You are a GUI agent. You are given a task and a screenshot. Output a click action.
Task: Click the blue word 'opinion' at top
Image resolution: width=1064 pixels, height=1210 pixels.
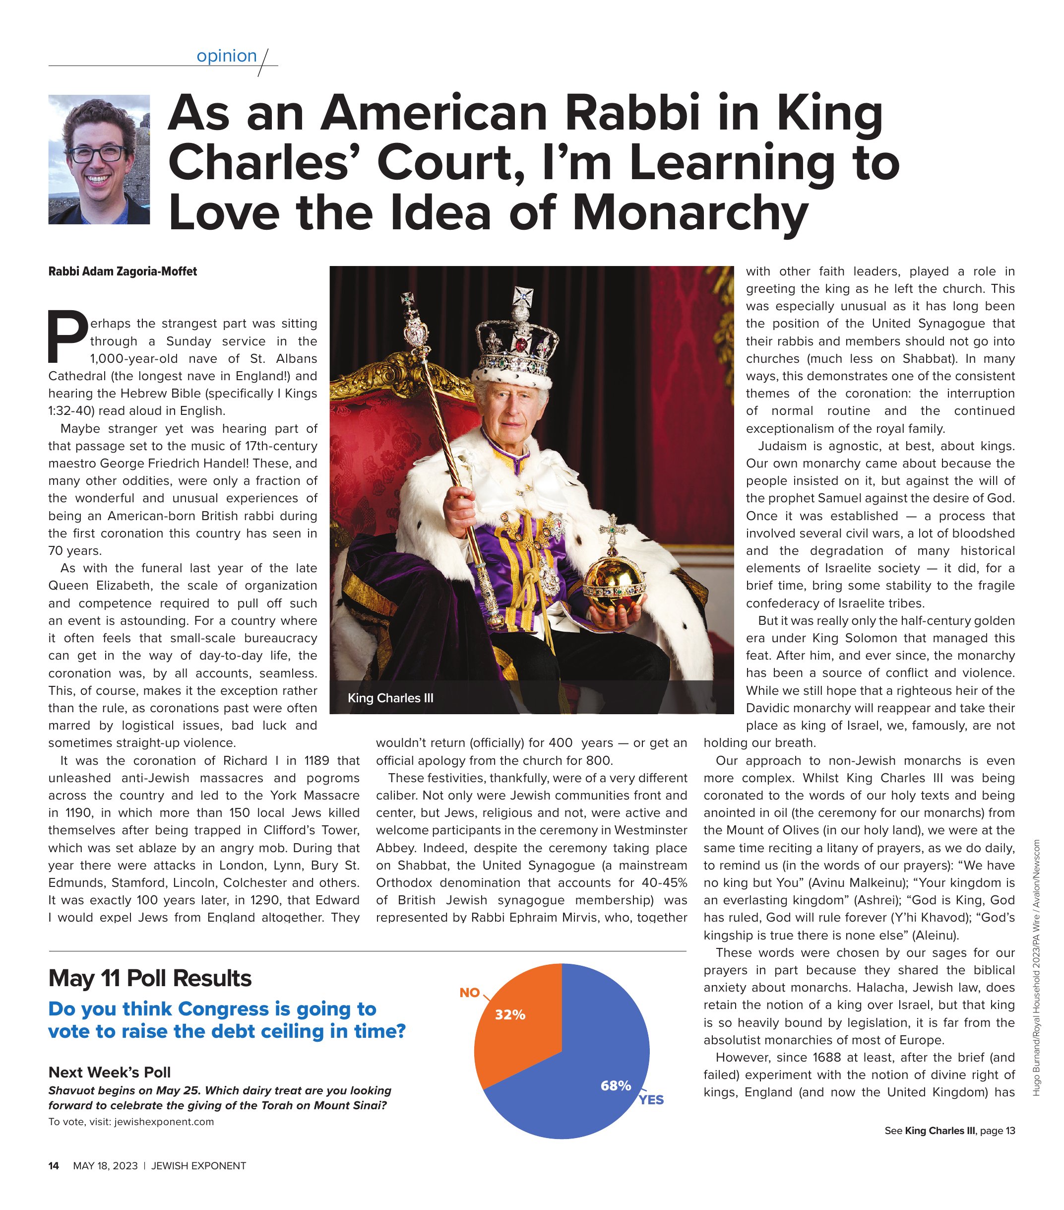(x=227, y=56)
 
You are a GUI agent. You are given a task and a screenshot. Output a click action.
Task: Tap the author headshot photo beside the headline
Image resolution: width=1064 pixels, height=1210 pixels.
(x=99, y=159)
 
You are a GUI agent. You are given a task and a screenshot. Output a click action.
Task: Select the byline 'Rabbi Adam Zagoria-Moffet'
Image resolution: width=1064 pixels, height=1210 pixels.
(x=123, y=271)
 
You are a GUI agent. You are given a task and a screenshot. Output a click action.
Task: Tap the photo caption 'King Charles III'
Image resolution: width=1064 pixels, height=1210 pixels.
(x=390, y=698)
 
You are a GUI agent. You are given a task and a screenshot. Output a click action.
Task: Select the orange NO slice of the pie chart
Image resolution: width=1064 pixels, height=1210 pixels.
(x=521, y=1024)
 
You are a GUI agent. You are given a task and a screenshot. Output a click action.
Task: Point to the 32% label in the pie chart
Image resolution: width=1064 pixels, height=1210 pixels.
(x=510, y=1014)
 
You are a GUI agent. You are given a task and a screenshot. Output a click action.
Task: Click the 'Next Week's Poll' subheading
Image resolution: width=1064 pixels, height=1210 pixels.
(x=110, y=1072)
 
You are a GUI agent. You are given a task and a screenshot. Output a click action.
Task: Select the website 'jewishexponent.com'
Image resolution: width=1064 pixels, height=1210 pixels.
(x=164, y=1122)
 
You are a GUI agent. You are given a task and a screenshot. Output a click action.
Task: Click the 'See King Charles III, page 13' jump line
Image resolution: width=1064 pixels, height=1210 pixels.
(x=949, y=1131)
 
